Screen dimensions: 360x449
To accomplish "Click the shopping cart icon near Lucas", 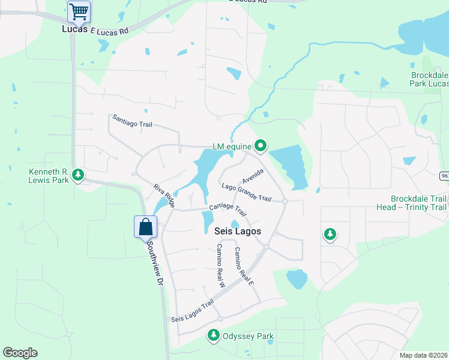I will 79,11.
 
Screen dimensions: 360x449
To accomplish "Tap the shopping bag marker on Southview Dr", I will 145,227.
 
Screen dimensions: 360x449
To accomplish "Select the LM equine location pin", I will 261,145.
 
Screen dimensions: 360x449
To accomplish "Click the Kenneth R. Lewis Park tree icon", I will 77,175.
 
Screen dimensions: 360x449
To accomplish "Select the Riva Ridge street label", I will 164,196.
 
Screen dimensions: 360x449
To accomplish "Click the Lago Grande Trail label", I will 246,192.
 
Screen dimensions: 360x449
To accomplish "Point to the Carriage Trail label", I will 228,211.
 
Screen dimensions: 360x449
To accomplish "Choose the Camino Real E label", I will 244,266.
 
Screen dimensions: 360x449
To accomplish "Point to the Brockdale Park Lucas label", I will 429,79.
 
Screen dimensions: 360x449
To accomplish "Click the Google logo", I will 20,353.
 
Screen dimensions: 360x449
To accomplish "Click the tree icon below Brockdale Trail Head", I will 330,234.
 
